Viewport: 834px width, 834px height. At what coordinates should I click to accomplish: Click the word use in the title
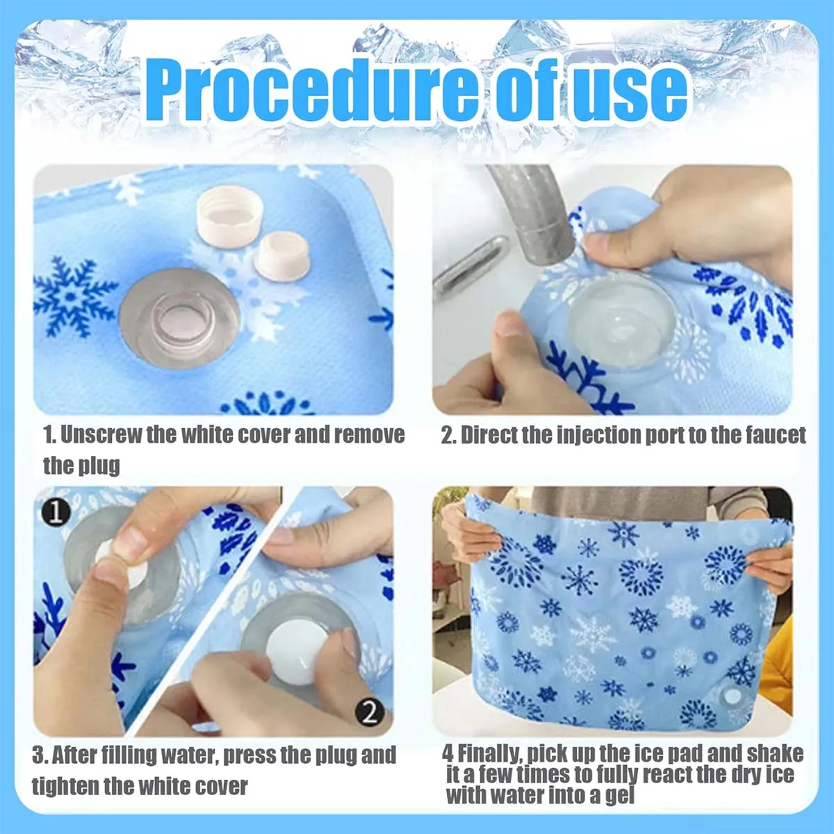point(628,90)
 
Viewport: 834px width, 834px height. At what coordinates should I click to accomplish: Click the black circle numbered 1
point(56,512)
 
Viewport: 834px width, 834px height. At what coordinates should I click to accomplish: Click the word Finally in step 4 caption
point(489,754)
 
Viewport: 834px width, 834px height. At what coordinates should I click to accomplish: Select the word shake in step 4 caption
point(774,754)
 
